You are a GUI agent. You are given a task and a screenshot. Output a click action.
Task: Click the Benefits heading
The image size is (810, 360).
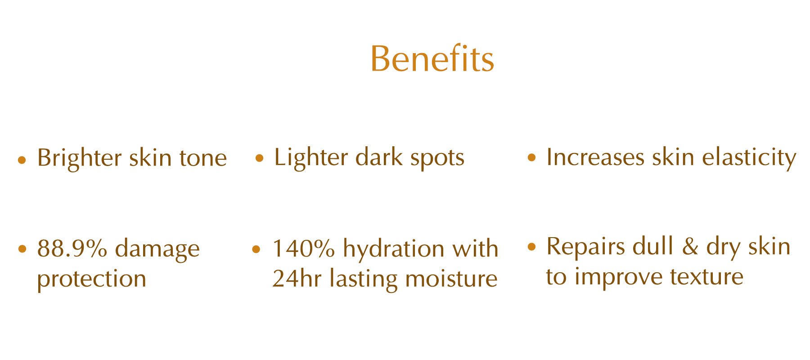[432, 58]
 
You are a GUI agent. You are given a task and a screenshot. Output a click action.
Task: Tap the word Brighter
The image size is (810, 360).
[80, 157]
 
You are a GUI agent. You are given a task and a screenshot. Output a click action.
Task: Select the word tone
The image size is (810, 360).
[203, 158]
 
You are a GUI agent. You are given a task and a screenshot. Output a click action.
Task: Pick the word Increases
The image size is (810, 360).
[595, 157]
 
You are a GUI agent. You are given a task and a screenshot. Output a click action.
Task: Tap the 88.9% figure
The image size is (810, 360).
[72, 248]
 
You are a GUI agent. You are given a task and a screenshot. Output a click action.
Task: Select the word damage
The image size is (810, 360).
[157, 249]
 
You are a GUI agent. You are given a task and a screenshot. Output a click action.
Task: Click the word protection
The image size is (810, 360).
[92, 279]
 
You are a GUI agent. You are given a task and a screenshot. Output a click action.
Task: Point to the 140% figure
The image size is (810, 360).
[304, 248]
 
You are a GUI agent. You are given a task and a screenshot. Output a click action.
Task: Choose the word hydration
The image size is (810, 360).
[394, 248]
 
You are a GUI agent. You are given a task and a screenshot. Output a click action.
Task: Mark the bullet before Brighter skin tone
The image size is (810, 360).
[22, 160]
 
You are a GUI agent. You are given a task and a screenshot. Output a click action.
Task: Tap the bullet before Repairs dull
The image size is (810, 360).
[531, 247]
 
